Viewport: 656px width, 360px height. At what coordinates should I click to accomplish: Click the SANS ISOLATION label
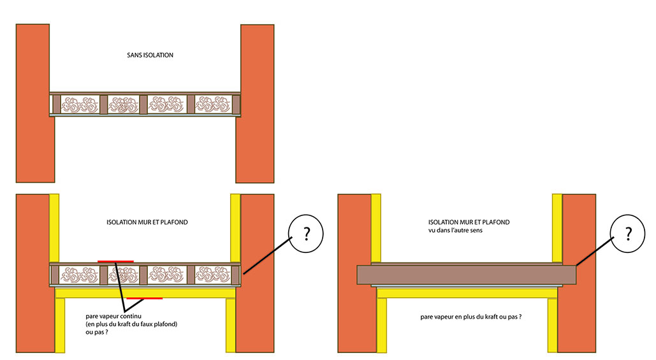[x=150, y=55]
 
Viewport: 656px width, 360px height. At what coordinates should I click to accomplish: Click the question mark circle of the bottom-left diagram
[x=305, y=234]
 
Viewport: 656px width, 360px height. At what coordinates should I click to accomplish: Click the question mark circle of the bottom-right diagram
[x=627, y=234]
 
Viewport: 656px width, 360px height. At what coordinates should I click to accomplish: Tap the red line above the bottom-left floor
[x=115, y=261]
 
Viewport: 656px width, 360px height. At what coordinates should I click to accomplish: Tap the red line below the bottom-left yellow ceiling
[x=144, y=298]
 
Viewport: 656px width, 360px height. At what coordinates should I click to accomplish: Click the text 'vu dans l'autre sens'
[x=465, y=230]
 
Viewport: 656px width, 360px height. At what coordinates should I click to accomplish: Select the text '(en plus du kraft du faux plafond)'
[x=131, y=324]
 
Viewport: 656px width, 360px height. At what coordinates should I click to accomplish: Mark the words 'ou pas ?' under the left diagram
[x=96, y=332]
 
